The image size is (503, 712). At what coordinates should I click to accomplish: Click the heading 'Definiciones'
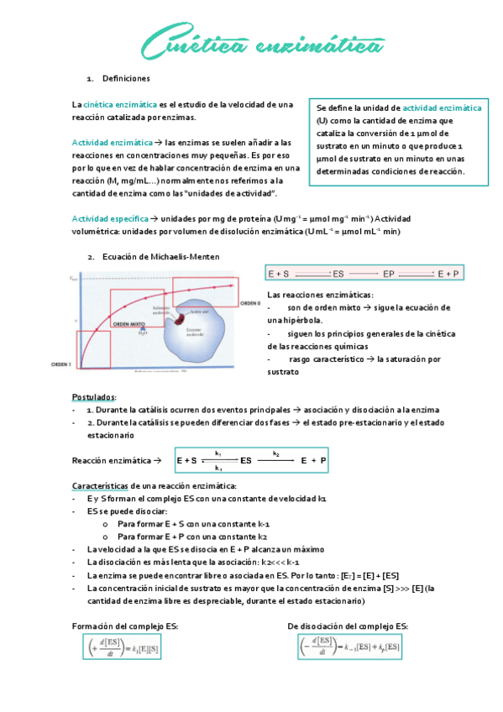(x=126, y=78)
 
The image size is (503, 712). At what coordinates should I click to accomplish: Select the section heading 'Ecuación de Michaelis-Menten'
(x=160, y=257)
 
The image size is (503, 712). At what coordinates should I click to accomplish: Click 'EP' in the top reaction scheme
(x=388, y=274)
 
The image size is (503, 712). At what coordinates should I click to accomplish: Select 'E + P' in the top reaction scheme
(x=449, y=274)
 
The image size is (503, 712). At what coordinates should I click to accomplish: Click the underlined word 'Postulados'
(x=94, y=396)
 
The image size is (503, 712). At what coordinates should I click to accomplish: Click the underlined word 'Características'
(x=99, y=486)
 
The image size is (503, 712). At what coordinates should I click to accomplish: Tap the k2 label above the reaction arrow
(x=275, y=453)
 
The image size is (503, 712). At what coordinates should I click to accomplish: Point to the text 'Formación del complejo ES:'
(x=125, y=626)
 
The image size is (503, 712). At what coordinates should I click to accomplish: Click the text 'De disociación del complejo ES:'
(x=348, y=626)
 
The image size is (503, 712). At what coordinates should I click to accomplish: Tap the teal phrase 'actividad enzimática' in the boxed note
(x=442, y=108)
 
